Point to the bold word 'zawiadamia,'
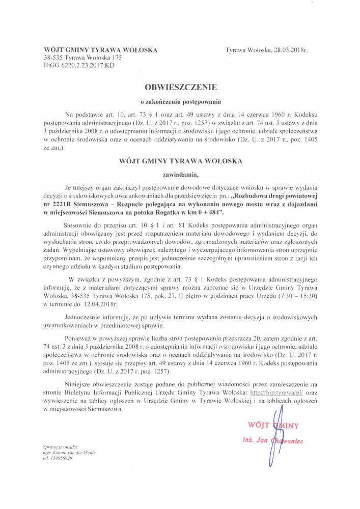tap(180, 176)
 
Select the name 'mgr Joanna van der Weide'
tap(70, 452)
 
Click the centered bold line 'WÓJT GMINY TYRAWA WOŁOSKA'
tap(180, 161)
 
